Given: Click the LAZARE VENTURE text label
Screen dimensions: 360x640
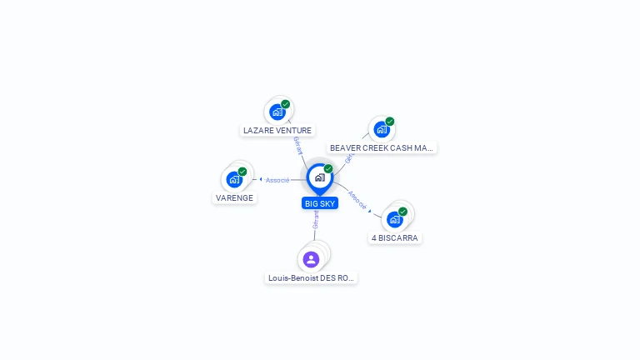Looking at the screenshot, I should pyautogui.click(x=277, y=131).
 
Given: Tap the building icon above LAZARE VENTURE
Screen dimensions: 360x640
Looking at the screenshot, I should pyautogui.click(x=277, y=112).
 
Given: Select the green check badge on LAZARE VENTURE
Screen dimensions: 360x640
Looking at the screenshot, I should pyautogui.click(x=286, y=104).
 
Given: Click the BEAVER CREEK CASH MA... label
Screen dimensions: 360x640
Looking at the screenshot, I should pyautogui.click(x=382, y=148).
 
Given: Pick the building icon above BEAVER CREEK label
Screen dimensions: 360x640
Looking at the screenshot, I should pyautogui.click(x=382, y=129).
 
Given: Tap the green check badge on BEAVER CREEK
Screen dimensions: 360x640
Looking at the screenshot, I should pyautogui.click(x=390, y=122).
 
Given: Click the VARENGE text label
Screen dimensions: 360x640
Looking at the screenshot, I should pyautogui.click(x=234, y=198).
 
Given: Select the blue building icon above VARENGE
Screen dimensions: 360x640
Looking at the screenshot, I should pyautogui.click(x=234, y=179).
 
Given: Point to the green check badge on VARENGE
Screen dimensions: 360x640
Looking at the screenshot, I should pyautogui.click(x=242, y=172).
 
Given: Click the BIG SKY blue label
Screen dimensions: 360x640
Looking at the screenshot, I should pyautogui.click(x=320, y=204).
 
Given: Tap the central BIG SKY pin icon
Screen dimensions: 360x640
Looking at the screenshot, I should pyautogui.click(x=319, y=177).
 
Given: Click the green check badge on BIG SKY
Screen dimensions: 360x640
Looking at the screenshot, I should pyautogui.click(x=328, y=169).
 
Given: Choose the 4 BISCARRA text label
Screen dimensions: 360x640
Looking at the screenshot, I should pyautogui.click(x=395, y=238).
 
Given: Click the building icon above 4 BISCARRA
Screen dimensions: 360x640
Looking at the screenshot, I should pyautogui.click(x=395, y=219).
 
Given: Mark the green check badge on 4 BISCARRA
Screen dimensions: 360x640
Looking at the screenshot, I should pyautogui.click(x=403, y=212).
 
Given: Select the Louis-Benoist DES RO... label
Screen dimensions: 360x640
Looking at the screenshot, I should pyautogui.click(x=311, y=278).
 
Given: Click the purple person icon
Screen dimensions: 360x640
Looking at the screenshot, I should pyautogui.click(x=311, y=259).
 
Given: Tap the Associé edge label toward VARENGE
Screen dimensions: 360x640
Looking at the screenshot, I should pyautogui.click(x=277, y=180).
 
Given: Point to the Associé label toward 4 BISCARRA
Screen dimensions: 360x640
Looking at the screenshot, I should pyautogui.click(x=357, y=200).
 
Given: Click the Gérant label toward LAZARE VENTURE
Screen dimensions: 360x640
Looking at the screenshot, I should pyautogui.click(x=298, y=146).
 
